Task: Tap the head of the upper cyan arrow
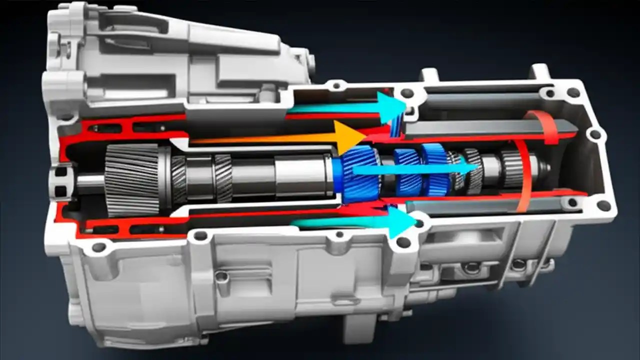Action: tap(391, 106)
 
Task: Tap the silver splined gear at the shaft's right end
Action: tap(512, 169)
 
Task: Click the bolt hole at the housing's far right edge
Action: tap(595, 134)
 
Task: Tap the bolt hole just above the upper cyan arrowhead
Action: tap(407, 93)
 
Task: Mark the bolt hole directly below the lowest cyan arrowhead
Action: tap(403, 243)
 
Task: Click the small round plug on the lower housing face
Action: tap(221, 276)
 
